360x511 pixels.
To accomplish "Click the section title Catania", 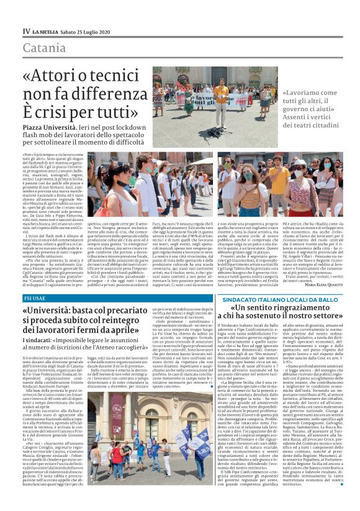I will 44,48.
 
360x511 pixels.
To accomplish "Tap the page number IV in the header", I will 26,31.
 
